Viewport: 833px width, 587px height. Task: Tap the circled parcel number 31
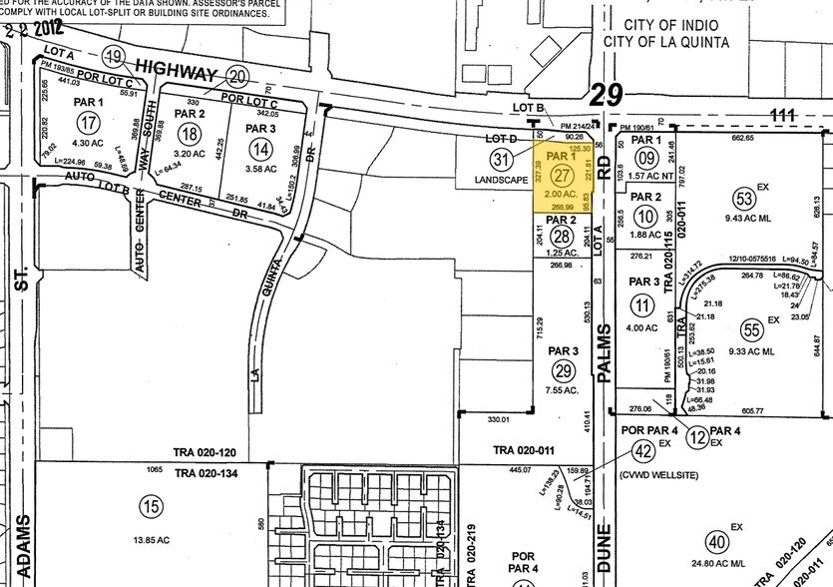(x=501, y=160)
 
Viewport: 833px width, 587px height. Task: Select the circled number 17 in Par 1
(x=91, y=125)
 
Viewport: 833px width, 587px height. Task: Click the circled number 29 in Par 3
(x=564, y=370)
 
